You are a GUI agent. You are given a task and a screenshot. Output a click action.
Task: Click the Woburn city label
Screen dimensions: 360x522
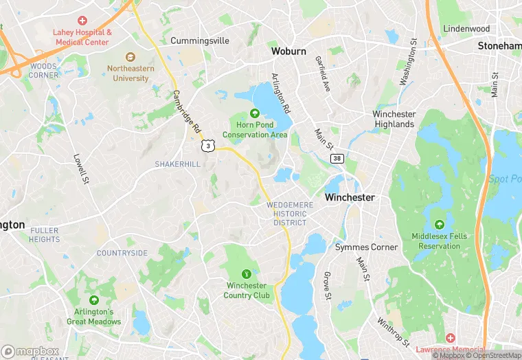coord(288,51)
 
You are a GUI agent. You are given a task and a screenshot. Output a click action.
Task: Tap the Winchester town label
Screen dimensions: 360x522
coord(350,197)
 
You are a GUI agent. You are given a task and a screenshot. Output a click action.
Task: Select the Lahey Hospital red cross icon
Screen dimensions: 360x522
coord(82,21)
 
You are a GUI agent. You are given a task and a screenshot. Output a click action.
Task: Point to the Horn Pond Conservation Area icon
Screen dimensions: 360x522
coord(254,113)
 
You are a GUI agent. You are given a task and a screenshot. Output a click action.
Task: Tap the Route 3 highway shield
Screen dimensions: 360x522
coord(207,146)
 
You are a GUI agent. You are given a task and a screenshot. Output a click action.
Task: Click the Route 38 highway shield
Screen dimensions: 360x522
coord(337,159)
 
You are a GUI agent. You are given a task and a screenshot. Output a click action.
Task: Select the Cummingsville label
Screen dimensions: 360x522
coord(200,41)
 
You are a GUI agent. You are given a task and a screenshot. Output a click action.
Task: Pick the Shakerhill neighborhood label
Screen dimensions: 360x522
coord(178,164)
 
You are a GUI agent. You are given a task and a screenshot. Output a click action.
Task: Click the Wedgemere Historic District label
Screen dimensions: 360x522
coord(290,214)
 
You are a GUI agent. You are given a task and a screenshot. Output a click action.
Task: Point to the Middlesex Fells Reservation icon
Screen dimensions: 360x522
coord(439,224)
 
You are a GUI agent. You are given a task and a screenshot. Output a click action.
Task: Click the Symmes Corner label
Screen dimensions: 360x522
coord(366,247)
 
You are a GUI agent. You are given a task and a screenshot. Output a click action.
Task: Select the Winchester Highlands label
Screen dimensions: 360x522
coord(394,119)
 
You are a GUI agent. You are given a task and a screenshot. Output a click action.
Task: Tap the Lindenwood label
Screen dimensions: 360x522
coord(466,29)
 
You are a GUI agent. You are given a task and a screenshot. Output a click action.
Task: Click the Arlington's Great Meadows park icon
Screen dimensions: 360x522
coord(93,300)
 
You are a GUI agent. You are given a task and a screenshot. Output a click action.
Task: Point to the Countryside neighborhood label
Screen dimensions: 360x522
coord(122,253)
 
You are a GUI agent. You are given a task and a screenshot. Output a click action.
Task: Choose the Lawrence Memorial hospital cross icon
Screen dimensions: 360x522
coord(450,338)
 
